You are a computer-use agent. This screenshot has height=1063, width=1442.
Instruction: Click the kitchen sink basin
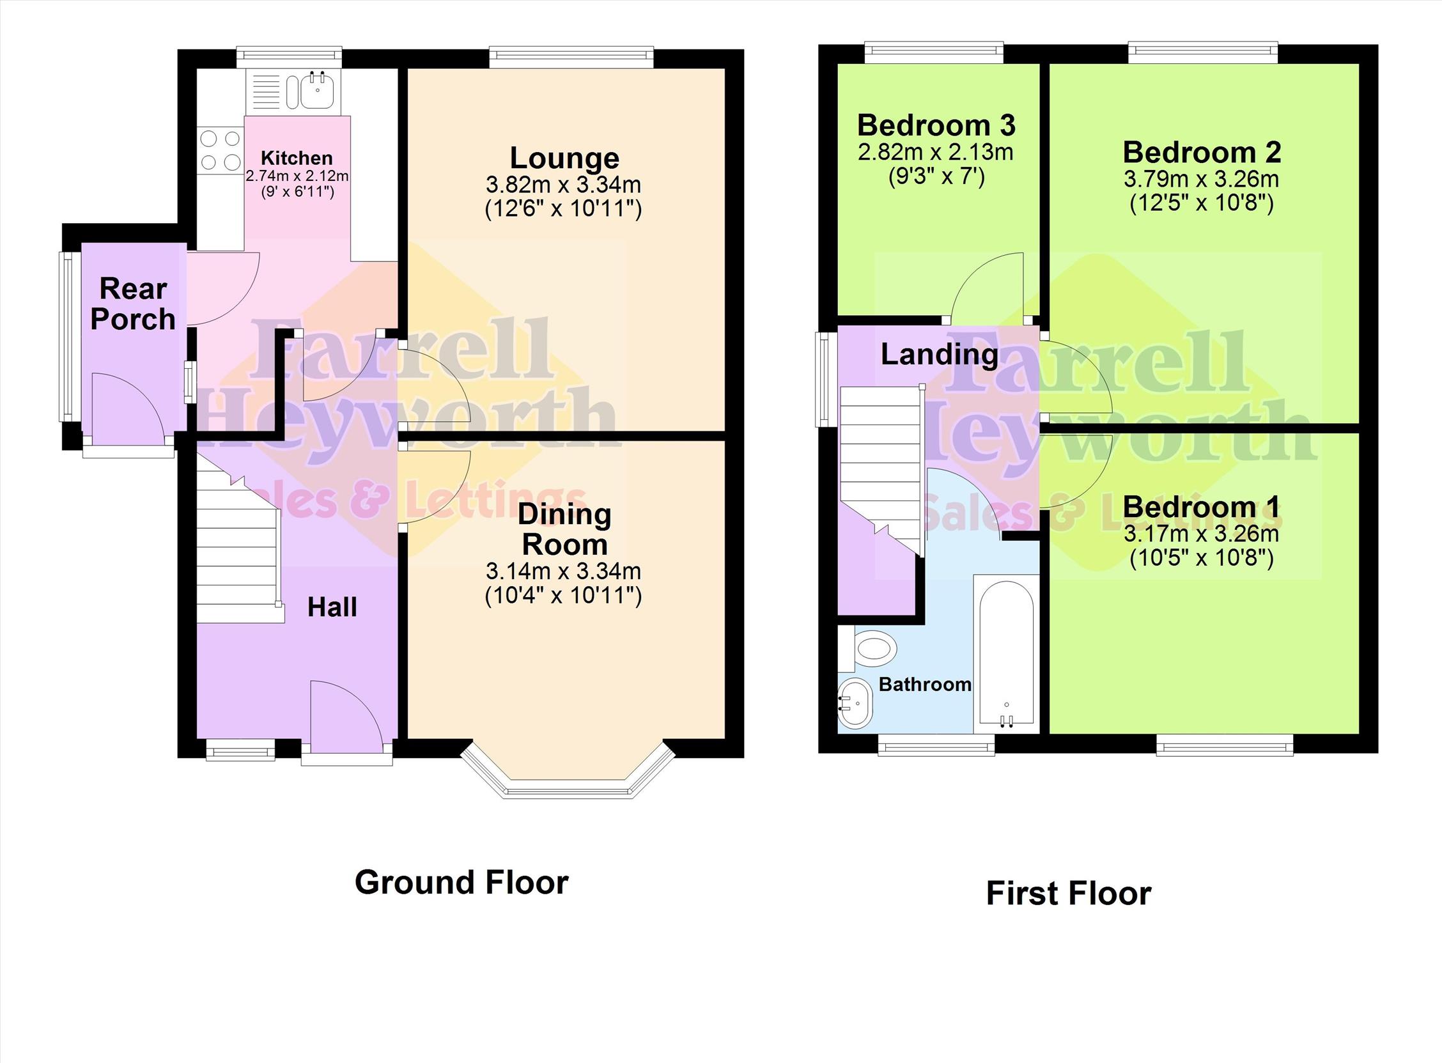pyautogui.click(x=317, y=91)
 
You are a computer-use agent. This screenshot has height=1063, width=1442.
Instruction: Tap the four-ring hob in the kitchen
pyautogui.click(x=221, y=151)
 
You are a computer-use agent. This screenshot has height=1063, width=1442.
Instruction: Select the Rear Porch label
pyautogui.click(x=132, y=304)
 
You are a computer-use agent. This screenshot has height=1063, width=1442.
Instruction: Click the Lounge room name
pyautogui.click(x=564, y=158)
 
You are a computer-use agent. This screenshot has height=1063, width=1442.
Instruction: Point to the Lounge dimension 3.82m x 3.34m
pyautogui.click(x=564, y=185)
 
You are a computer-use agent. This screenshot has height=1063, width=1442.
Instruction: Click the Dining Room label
pyautogui.click(x=564, y=529)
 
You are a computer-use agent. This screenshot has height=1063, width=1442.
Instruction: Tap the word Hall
pyautogui.click(x=332, y=607)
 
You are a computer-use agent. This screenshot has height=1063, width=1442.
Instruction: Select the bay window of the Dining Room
pyautogui.click(x=569, y=772)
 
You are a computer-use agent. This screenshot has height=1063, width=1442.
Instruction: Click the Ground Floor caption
pyautogui.click(x=461, y=882)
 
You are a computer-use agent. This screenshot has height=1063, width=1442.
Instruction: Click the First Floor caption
pyautogui.click(x=1069, y=894)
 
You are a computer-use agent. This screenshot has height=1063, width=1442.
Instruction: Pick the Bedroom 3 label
pyautogui.click(x=936, y=125)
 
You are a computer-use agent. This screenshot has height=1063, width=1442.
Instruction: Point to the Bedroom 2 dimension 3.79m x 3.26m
pyautogui.click(x=1201, y=180)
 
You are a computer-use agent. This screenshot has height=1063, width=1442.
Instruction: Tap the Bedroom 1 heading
pyautogui.click(x=1201, y=507)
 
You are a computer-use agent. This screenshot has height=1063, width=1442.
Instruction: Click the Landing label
pyautogui.click(x=940, y=355)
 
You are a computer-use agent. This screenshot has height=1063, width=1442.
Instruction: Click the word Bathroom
pyautogui.click(x=926, y=684)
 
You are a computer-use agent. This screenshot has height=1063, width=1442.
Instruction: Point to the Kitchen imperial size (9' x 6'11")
pyautogui.click(x=297, y=191)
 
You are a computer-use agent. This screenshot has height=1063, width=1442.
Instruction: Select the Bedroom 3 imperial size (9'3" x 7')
pyautogui.click(x=936, y=176)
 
